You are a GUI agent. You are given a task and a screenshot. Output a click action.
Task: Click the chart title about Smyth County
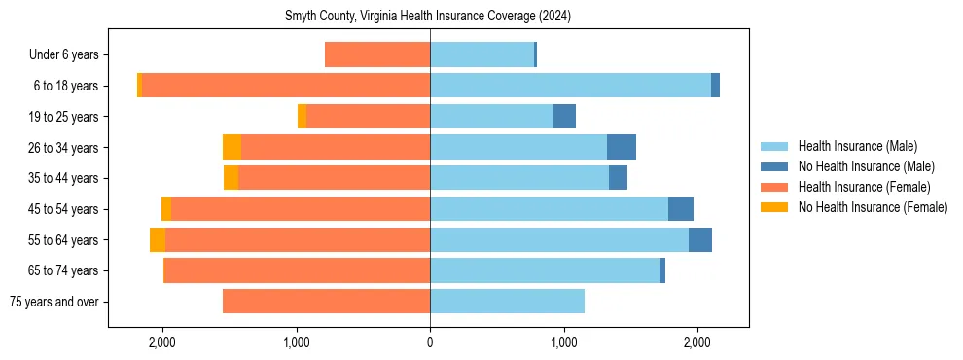click(x=429, y=17)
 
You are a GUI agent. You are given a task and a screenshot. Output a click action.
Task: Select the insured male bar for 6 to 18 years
click(x=570, y=86)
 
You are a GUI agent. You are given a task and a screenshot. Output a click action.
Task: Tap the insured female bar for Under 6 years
click(x=377, y=54)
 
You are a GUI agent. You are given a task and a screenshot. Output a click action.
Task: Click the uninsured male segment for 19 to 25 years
click(x=564, y=117)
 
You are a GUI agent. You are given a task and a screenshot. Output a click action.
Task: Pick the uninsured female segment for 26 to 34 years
click(x=232, y=147)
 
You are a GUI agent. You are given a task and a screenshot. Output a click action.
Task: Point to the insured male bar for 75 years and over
click(x=507, y=302)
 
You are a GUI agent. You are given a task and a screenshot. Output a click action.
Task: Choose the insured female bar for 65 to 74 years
click(x=297, y=270)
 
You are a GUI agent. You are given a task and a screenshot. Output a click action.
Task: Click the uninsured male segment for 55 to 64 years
click(x=700, y=239)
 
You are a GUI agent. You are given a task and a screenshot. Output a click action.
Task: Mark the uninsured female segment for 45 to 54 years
click(x=166, y=208)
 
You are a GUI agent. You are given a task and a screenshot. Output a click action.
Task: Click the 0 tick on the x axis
click(x=430, y=342)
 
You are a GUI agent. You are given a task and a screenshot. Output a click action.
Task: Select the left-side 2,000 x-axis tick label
click(x=161, y=342)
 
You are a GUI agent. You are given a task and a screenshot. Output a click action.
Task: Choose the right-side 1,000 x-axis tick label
click(x=563, y=342)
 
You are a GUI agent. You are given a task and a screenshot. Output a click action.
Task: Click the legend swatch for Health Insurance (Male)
click(x=775, y=146)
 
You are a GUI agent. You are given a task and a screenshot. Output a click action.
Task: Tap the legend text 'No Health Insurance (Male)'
click(x=866, y=166)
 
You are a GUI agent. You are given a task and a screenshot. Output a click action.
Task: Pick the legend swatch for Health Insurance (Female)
click(x=775, y=187)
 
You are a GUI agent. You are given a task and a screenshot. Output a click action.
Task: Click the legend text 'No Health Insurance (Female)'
click(x=873, y=207)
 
